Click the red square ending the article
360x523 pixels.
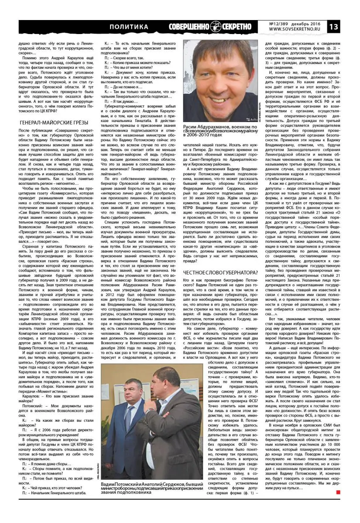338,492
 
